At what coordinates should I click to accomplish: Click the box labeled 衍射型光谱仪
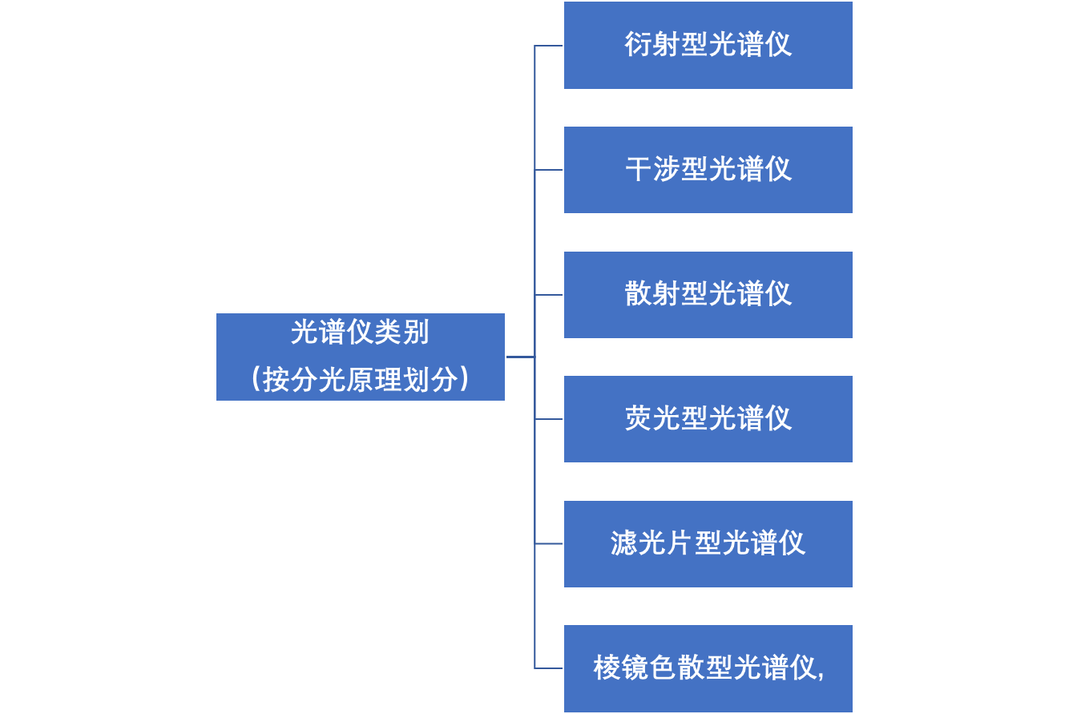708,46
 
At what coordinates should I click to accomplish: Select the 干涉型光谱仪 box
708,170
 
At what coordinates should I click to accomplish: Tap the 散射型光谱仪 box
708,295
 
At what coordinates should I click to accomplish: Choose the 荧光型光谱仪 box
708,419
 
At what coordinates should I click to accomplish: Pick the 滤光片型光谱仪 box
708,544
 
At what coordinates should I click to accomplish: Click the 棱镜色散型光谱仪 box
708,668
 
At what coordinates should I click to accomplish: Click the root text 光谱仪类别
360,332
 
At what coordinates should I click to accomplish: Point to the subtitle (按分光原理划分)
360,379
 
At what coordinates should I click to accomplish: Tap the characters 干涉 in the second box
652,170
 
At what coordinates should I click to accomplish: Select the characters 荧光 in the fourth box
652,418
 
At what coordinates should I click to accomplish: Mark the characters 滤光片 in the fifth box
651,543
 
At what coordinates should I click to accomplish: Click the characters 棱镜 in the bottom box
621,668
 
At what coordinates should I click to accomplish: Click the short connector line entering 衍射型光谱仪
549,46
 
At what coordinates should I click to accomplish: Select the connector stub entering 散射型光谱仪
549,295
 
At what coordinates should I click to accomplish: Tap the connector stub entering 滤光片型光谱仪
549,544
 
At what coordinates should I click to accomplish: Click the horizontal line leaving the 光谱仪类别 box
520,357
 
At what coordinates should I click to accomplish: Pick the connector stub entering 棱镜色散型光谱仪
549,668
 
